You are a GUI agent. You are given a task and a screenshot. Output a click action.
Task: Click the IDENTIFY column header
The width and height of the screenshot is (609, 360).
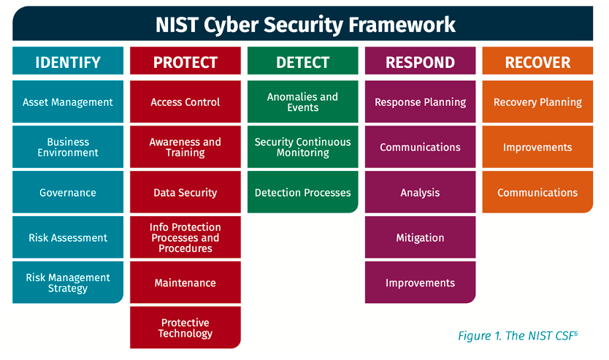(x=68, y=61)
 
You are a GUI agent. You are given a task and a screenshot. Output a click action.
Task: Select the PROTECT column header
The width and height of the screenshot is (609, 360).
(x=185, y=61)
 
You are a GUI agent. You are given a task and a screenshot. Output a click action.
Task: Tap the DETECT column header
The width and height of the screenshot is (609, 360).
(x=302, y=61)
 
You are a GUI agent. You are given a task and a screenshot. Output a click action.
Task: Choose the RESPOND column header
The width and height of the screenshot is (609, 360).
(x=421, y=61)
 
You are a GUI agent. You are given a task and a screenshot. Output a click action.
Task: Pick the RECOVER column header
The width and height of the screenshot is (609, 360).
(x=537, y=61)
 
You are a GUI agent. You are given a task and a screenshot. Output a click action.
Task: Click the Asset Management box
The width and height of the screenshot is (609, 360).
(x=68, y=102)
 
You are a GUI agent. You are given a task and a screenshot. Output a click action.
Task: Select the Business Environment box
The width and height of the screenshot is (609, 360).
(x=68, y=147)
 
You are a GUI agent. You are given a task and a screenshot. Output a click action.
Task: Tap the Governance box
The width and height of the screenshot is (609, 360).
(x=68, y=192)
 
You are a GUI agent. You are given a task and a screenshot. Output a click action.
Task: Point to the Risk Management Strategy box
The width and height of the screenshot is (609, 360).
(x=68, y=283)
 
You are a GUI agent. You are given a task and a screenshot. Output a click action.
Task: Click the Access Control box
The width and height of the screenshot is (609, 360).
(x=185, y=102)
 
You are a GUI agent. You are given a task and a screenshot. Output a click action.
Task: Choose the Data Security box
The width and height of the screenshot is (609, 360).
(x=185, y=192)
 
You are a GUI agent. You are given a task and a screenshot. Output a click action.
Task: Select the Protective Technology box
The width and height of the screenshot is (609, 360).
(x=185, y=327)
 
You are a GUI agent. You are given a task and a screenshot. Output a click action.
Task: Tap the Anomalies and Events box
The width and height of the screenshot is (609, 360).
(x=302, y=102)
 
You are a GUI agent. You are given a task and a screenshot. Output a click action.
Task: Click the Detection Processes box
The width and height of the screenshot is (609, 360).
(x=302, y=192)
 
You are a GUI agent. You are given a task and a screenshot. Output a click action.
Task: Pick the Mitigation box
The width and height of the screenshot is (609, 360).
(x=421, y=237)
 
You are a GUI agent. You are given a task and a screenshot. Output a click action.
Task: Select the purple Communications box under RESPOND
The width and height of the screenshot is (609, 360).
(x=421, y=147)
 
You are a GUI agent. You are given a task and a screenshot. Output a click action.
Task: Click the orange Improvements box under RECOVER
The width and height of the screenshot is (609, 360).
(x=537, y=147)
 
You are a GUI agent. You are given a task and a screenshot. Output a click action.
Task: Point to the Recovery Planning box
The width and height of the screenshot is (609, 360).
(x=537, y=102)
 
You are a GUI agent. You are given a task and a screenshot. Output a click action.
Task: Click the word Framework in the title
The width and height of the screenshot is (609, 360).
(x=402, y=25)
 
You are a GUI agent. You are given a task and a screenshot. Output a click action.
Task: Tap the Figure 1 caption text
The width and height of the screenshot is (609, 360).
(x=518, y=335)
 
